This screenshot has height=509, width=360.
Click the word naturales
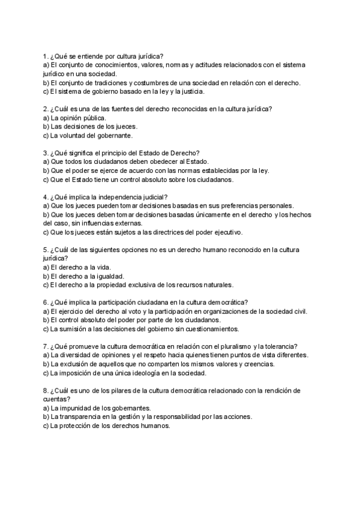pyautogui.click(x=217, y=285)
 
